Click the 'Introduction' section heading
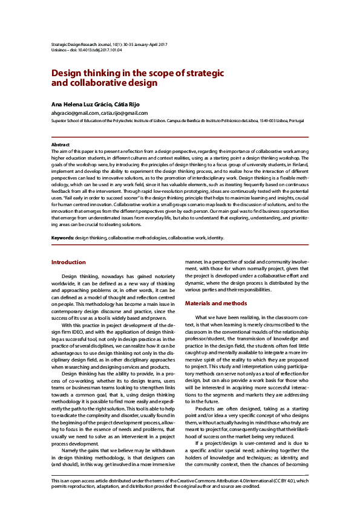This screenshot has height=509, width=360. [68, 262]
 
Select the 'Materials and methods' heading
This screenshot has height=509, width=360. [216, 303]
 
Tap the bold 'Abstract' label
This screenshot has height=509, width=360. [61, 145]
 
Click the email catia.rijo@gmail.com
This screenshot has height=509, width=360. [125, 113]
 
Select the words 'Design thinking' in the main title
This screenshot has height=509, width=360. [83, 72]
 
